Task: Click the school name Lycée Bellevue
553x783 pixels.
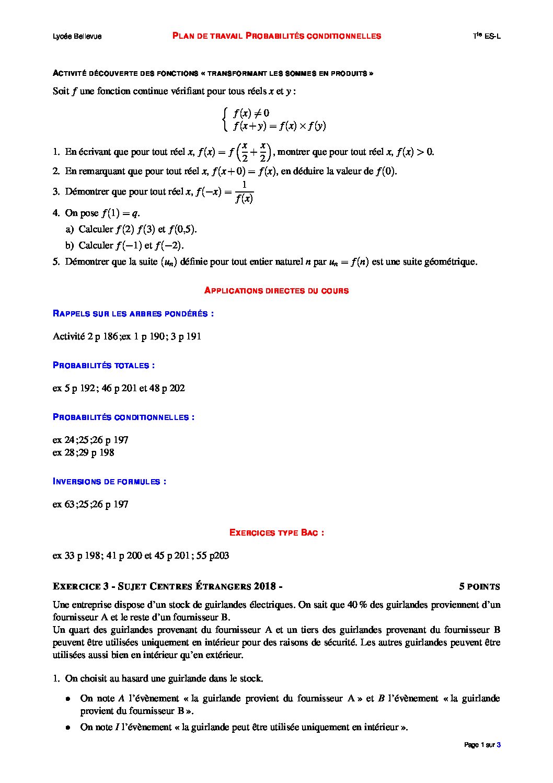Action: coord(77,36)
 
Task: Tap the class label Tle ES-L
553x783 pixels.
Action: coord(486,36)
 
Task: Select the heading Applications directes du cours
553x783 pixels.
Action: coord(276,290)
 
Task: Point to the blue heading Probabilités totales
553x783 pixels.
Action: coord(103,366)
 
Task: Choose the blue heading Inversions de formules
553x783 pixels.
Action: coord(109,481)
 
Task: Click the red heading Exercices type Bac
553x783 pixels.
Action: coord(276,532)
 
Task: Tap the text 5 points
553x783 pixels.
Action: coord(479,586)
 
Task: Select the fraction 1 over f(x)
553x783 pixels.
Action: coord(244,192)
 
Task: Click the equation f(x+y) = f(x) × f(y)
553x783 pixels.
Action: coord(280,126)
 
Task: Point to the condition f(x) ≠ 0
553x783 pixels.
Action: coord(251,113)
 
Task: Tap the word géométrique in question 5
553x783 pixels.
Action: coord(451,262)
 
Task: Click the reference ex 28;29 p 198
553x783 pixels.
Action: coord(84,452)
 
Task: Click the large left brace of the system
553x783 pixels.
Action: coord(224,119)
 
